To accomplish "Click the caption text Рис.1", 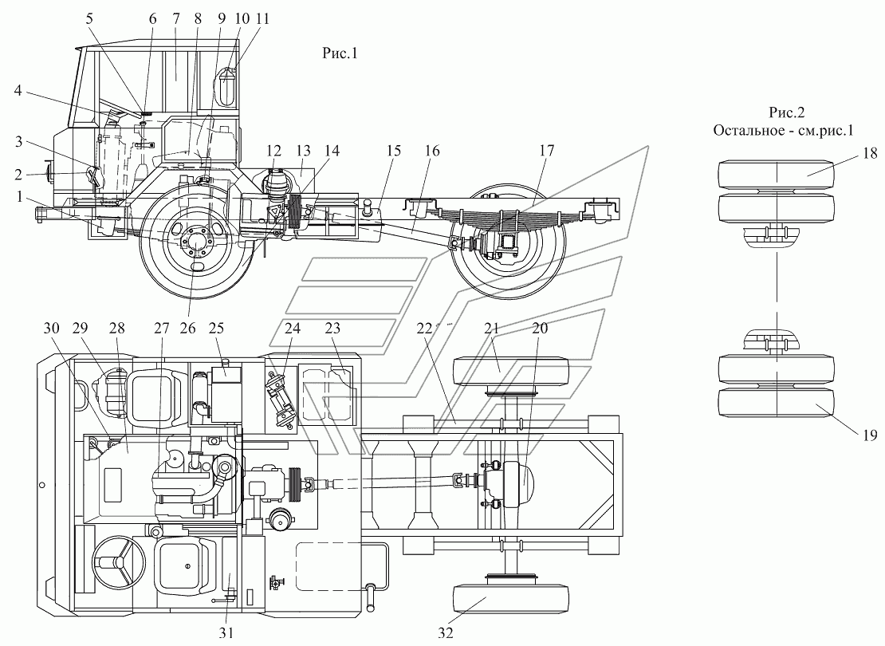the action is point(340,53).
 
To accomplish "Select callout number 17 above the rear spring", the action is point(547,151).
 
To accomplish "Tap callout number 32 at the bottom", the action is point(446,632).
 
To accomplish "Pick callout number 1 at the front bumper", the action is point(20,196).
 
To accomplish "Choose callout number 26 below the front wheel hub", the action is point(187,328).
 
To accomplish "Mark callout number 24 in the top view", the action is point(293,328).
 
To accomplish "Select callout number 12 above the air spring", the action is point(273,151).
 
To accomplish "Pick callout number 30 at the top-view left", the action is point(51,328).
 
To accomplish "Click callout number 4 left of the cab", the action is point(18,90).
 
